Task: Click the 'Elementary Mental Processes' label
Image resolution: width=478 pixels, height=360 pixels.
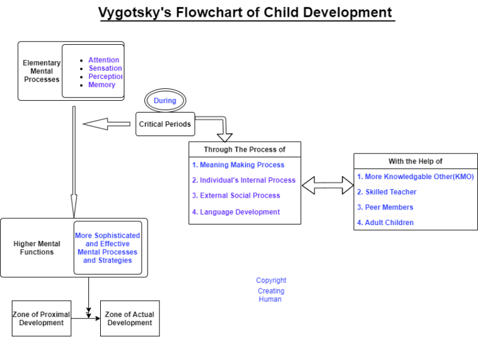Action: tap(42, 71)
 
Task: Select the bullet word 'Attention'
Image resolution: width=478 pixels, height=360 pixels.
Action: tap(103, 60)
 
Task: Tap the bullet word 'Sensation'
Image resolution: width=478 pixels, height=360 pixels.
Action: tap(105, 68)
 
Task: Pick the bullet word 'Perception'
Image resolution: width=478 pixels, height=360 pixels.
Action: tap(105, 76)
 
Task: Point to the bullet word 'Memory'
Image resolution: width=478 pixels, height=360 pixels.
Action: tap(101, 85)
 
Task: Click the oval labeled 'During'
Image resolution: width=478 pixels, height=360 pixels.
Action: tap(165, 101)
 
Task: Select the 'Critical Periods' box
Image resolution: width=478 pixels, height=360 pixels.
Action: tap(165, 124)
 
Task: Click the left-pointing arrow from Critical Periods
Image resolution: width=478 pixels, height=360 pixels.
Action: tap(109, 124)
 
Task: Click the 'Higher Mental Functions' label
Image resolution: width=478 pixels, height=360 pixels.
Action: tap(37, 248)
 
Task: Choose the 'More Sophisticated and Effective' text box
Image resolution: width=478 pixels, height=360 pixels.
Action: tap(108, 248)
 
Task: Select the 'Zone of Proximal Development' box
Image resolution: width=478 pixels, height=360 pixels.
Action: tap(41, 318)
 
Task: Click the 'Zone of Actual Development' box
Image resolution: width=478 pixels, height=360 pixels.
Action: tap(129, 318)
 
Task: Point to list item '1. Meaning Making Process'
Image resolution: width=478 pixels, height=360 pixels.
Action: tap(238, 165)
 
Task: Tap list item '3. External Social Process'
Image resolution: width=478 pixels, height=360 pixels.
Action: tap(236, 195)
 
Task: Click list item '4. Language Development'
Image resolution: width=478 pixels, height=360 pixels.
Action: tap(235, 211)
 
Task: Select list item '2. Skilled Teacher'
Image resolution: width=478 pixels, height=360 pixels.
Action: tap(387, 192)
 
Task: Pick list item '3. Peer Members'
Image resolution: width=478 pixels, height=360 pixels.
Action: tap(385, 207)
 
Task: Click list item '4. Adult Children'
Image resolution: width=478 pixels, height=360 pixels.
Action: tap(385, 223)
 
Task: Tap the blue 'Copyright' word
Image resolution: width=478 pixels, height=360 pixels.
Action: tap(271, 280)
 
